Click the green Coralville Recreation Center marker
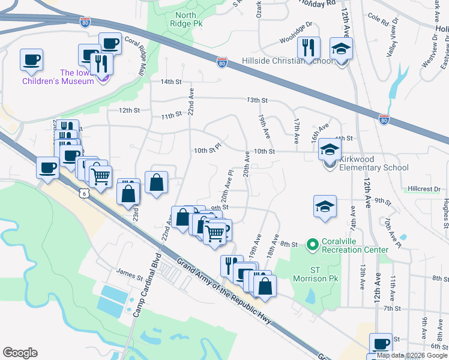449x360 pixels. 312,244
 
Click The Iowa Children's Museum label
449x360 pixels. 58,77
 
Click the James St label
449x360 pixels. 130,277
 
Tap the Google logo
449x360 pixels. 19,353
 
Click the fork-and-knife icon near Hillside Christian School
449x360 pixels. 309,47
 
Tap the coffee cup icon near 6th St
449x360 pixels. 380,343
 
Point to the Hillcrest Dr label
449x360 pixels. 424,188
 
